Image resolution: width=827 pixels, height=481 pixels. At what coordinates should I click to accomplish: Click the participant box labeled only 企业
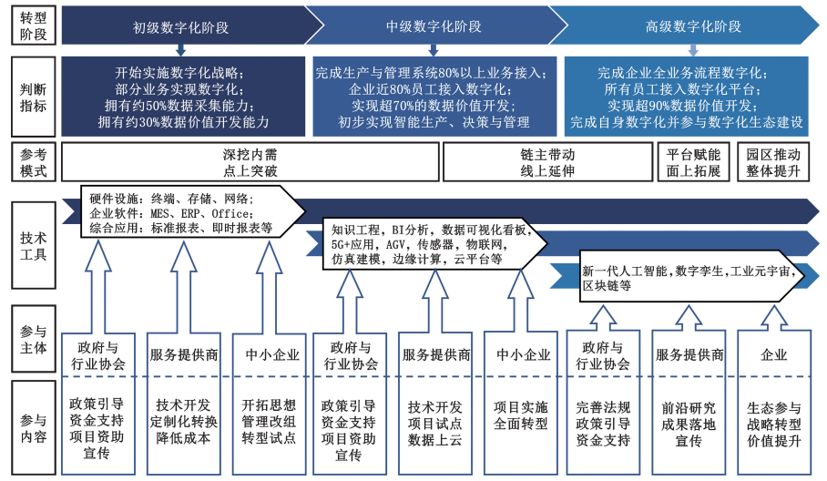773,354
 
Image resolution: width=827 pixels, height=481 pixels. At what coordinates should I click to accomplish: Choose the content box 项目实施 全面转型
519,415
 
